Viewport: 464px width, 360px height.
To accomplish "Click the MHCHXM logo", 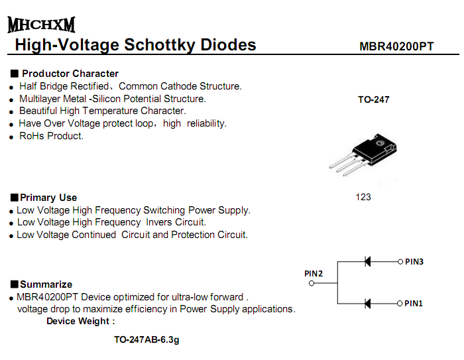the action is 41,25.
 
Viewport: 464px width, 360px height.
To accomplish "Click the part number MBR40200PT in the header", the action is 396,46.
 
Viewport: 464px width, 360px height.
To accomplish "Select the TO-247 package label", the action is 373,99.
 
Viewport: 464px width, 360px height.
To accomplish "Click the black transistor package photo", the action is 363,154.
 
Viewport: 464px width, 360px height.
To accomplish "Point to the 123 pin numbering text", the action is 363,197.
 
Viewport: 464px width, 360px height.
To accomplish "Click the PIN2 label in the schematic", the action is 314,274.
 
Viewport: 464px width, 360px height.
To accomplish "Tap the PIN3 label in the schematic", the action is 414,262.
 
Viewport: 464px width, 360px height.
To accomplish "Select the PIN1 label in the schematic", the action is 414,304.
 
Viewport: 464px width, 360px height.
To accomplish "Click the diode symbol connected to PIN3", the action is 367,262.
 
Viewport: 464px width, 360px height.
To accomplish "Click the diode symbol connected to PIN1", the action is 367,304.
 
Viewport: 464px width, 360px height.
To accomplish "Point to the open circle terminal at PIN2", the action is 312,283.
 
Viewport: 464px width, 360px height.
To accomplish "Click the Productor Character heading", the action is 70,74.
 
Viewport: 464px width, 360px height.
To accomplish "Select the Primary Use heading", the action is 48,198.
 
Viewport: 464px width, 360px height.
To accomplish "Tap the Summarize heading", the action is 46,284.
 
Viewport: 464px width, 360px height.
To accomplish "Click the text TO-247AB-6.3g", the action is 146,339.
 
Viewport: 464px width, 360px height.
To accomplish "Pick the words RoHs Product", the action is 51,136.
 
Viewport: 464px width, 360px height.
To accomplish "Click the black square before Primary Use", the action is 14,198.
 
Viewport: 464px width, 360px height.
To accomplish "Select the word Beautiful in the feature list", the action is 38,111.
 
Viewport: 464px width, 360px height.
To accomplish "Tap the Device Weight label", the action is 80,322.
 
